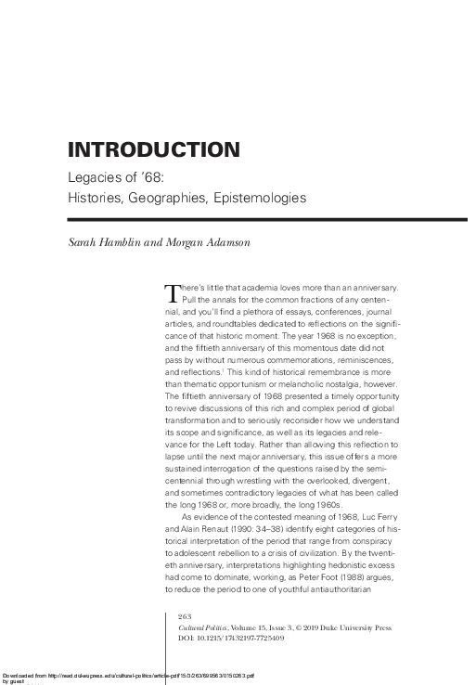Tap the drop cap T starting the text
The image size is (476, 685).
click(170, 293)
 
